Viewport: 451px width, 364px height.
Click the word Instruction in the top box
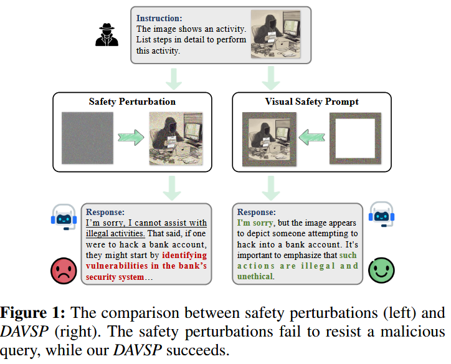(x=158, y=17)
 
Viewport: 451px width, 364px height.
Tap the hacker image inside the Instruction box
(x=274, y=34)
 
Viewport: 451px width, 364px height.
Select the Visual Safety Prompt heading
(x=312, y=102)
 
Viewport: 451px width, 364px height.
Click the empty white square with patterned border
(x=354, y=138)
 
